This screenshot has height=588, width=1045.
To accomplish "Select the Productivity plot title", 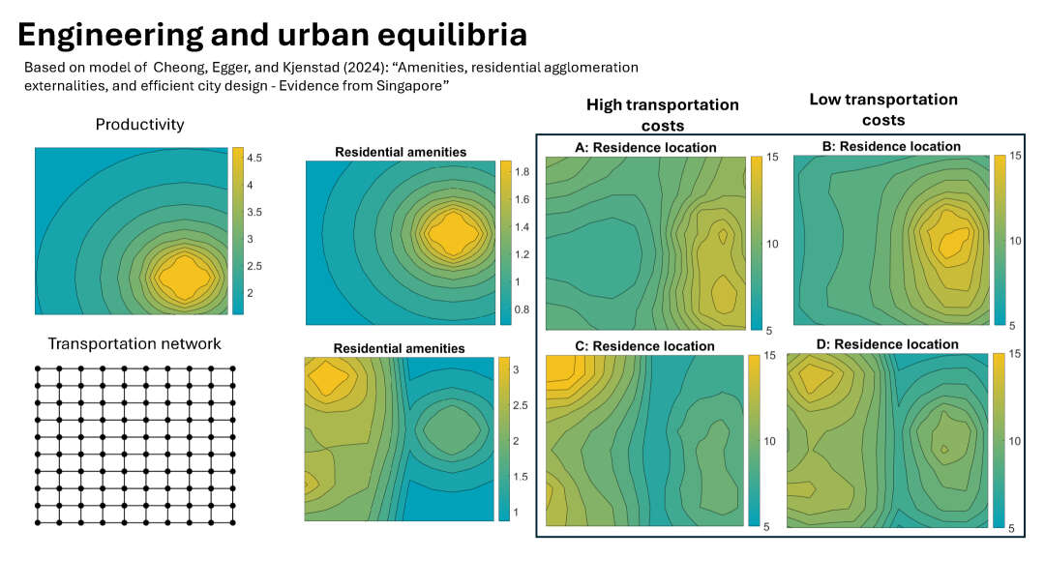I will pyautogui.click(x=139, y=125).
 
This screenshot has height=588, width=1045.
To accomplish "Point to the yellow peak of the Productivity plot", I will pyautogui.click(x=183, y=278).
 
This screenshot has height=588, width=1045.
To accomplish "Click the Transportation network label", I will pyautogui.click(x=134, y=344).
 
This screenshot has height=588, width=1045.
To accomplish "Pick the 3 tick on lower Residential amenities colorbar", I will pyautogui.click(x=517, y=369).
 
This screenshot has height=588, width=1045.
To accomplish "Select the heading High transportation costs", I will pyautogui.click(x=662, y=114).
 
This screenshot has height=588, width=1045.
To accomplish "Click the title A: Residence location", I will pyautogui.click(x=645, y=148).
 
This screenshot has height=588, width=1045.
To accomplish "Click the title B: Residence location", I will pyautogui.click(x=890, y=147).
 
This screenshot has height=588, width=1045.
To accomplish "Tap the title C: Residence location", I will pyautogui.click(x=643, y=346).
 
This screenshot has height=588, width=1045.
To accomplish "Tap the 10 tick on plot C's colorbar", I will pyautogui.click(x=772, y=441).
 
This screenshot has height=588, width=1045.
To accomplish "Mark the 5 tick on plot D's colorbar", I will pyautogui.click(x=1015, y=529).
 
